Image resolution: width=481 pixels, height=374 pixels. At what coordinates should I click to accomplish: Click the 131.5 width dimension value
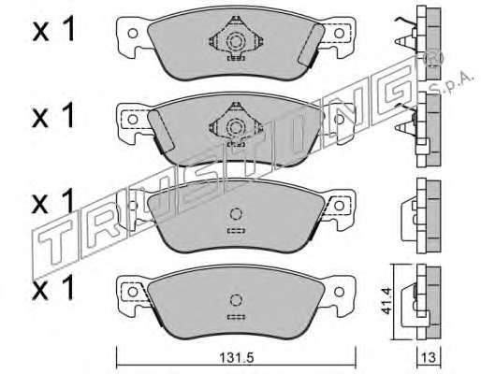pyautogui.click(x=237, y=357)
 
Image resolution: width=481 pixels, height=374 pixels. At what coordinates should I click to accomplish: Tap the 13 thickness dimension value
pyautogui.click(x=430, y=357)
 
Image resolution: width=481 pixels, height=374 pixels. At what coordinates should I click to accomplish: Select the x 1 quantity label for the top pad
pyautogui.click(x=53, y=29)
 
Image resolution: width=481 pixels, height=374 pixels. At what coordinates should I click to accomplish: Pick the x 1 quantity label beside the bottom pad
pyautogui.click(x=53, y=288)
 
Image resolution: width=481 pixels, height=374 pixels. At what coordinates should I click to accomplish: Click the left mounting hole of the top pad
pyautogui.click(x=133, y=33)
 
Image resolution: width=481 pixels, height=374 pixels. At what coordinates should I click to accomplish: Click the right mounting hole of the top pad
pyautogui.click(x=339, y=33)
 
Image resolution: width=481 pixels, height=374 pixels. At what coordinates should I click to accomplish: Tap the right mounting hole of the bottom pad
pyautogui.click(x=339, y=292)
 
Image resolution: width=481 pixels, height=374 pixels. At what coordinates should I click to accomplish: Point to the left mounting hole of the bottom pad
pyautogui.click(x=133, y=292)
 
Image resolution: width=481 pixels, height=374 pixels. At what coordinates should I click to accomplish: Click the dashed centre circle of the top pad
pyautogui.click(x=236, y=41)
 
